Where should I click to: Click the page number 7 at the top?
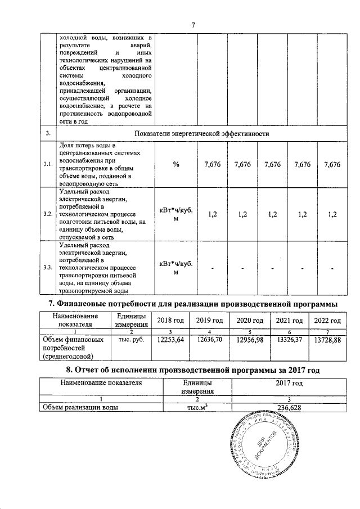(193, 25)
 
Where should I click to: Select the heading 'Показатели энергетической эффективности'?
(202, 134)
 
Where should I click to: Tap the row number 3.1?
(48, 164)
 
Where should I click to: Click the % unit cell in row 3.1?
(176, 164)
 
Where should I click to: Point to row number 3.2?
(48, 214)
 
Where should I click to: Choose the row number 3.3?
(48, 268)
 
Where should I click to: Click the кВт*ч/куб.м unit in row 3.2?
(176, 214)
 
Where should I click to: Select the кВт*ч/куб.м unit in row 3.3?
(176, 268)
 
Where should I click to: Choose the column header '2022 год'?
(327, 320)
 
